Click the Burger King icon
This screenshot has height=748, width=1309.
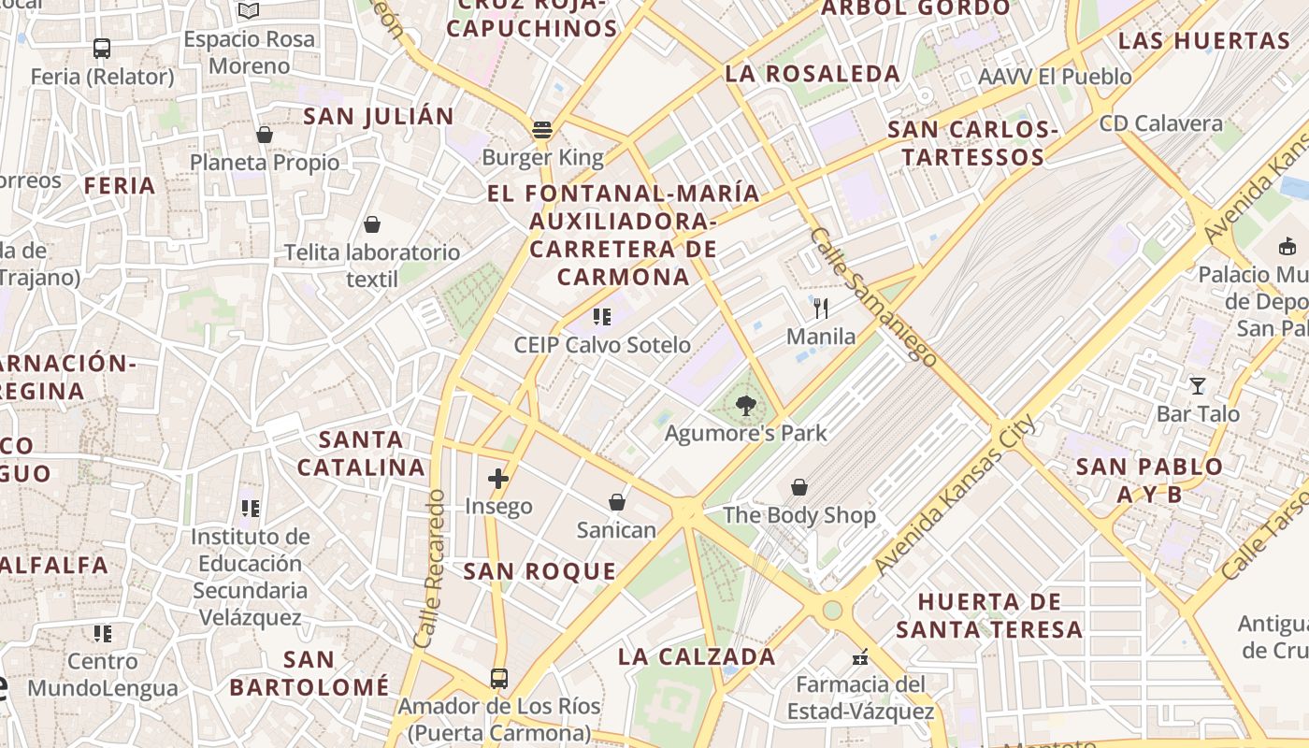tap(542, 129)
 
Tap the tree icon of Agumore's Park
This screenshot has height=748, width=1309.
tap(745, 406)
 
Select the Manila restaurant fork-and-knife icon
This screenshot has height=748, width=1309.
tap(821, 309)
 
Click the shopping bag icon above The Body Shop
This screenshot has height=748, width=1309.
tap(799, 487)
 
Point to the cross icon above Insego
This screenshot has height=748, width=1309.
tap(498, 479)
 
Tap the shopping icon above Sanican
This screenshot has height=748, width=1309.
tap(617, 502)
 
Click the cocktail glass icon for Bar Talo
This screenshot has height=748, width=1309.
tap(1198, 385)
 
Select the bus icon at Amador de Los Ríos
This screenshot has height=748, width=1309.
tap(499, 678)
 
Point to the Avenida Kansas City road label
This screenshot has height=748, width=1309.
tap(955, 495)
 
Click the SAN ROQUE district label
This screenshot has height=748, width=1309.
tap(540, 571)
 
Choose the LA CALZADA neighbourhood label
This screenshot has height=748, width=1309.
tap(697, 656)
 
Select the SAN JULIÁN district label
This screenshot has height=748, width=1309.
tap(379, 117)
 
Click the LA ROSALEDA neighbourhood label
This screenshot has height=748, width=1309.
tap(813, 73)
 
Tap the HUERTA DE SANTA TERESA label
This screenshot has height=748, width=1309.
tap(989, 615)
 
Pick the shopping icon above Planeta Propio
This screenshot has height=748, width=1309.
tap(265, 136)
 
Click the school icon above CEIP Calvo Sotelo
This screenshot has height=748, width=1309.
tap(602, 317)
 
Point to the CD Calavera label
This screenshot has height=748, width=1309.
tap(1160, 123)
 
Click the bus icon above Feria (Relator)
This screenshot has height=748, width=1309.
tap(102, 49)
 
